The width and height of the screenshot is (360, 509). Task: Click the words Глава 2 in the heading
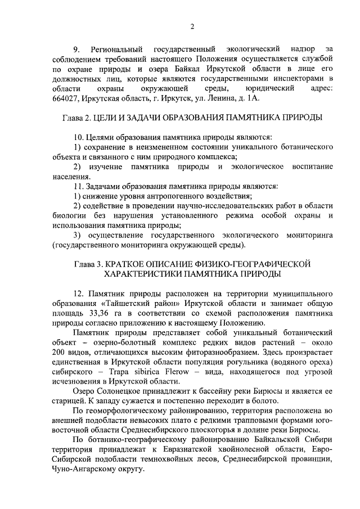76,118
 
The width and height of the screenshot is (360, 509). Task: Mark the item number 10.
78,137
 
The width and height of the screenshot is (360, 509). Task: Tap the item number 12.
78,294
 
